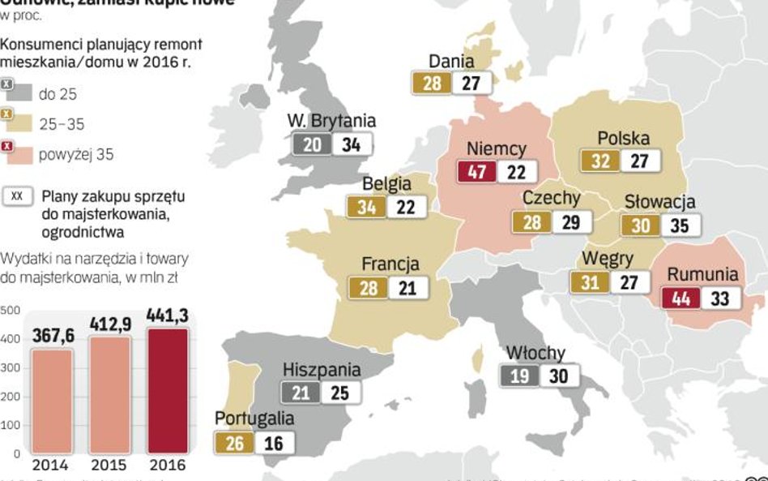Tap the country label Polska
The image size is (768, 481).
tap(623, 139)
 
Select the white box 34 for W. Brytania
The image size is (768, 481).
tap(352, 144)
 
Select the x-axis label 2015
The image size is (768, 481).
tap(109, 466)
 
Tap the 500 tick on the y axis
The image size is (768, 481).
tap(10, 310)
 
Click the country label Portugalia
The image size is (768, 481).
tap(254, 419)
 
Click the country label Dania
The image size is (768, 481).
tap(451, 61)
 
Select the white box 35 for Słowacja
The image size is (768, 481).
tap(680, 225)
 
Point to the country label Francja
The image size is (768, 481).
tap(390, 264)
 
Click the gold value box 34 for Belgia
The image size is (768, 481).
tap(367, 207)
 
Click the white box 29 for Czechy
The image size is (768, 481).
tap(571, 221)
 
